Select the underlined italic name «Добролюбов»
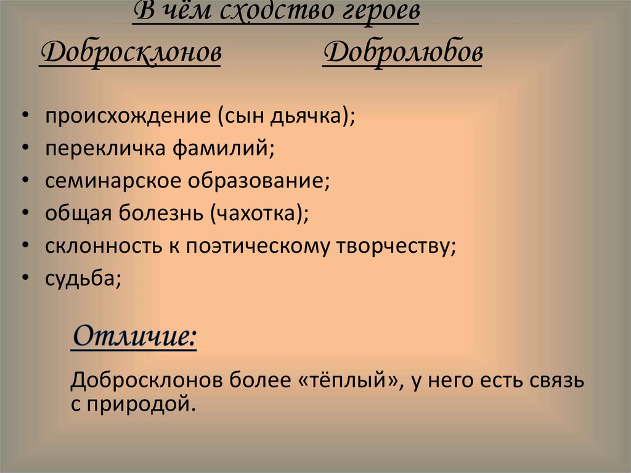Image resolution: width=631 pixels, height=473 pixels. (x=402, y=54)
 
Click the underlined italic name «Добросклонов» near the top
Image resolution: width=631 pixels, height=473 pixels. (x=130, y=54)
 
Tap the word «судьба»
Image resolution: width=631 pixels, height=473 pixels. (x=80, y=279)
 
